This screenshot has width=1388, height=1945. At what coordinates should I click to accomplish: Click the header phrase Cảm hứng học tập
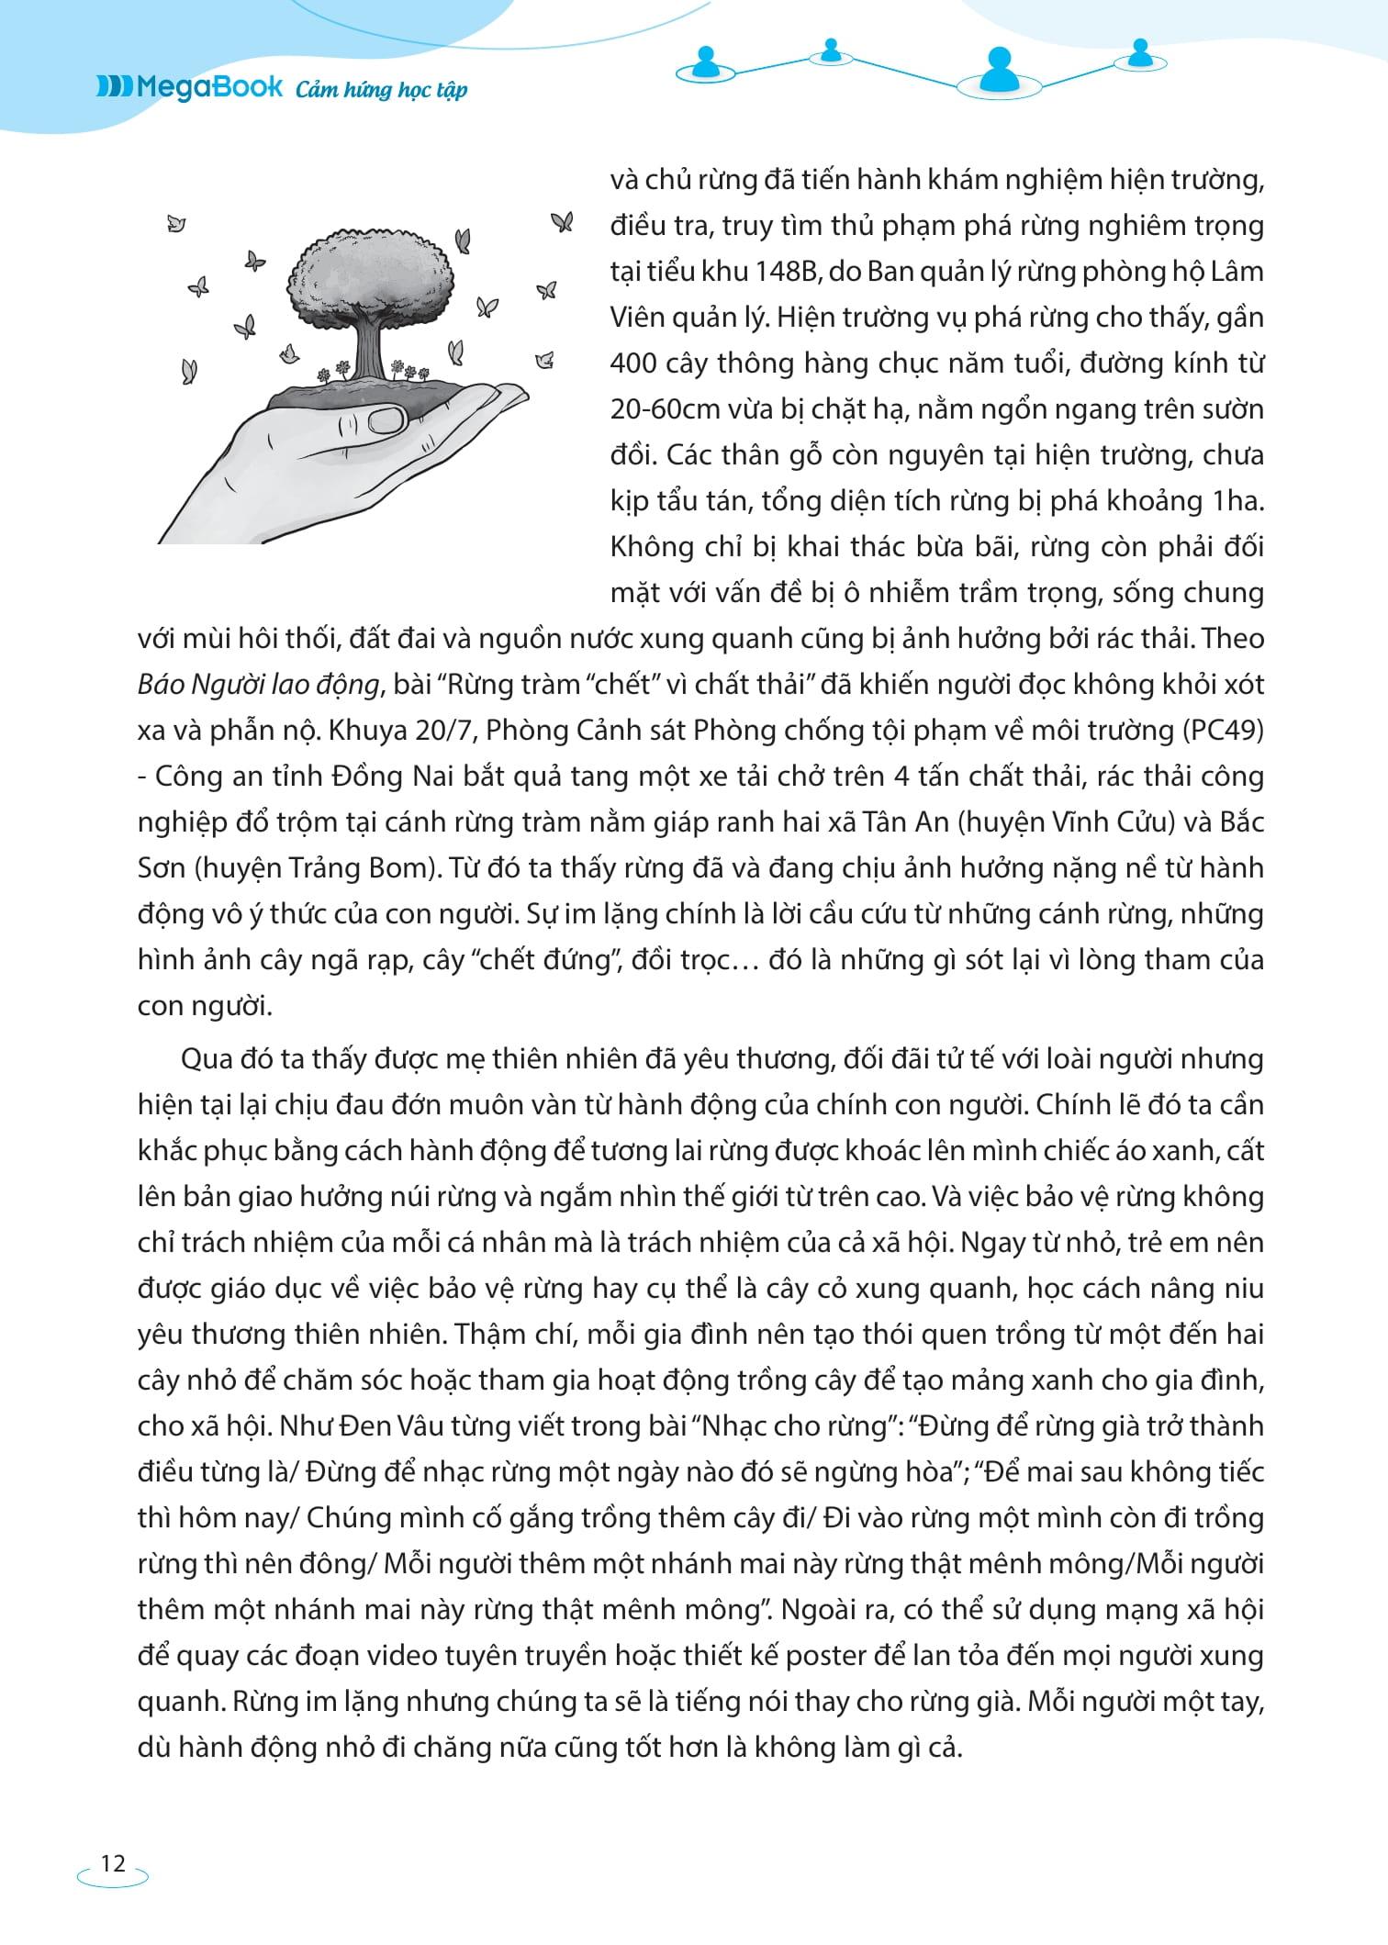[x=382, y=90]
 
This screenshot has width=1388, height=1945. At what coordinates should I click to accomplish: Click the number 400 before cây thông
[x=633, y=363]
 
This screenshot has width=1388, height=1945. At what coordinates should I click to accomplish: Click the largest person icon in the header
[x=998, y=70]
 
